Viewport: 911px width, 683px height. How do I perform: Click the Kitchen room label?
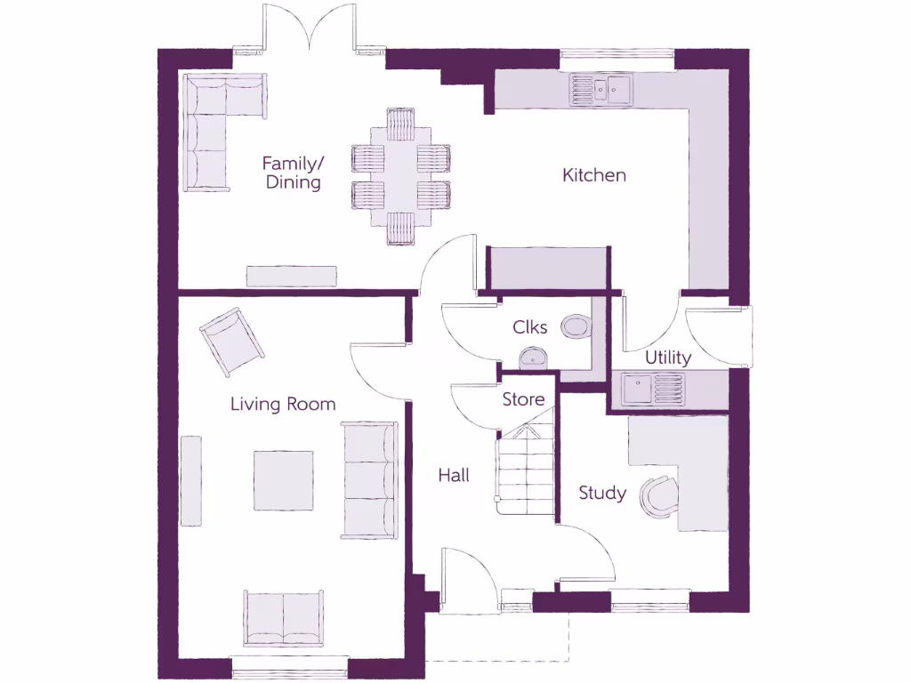click(594, 175)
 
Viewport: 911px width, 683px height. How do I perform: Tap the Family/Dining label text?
click(291, 173)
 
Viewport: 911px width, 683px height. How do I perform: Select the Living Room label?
click(283, 404)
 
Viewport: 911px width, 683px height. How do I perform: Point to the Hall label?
click(454, 476)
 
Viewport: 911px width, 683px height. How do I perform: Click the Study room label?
click(602, 493)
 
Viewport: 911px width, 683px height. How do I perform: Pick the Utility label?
click(668, 358)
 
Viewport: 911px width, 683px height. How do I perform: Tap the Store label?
click(523, 399)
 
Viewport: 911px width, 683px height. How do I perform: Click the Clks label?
click(530, 327)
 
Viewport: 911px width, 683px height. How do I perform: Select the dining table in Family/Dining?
click(400, 175)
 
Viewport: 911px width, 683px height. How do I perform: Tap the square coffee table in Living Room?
click(284, 480)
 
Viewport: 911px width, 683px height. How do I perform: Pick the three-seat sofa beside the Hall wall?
click(368, 480)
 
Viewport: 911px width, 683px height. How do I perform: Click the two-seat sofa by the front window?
click(283, 618)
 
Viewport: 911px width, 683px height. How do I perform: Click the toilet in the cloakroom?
click(576, 327)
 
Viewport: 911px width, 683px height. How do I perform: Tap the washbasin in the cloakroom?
click(533, 358)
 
